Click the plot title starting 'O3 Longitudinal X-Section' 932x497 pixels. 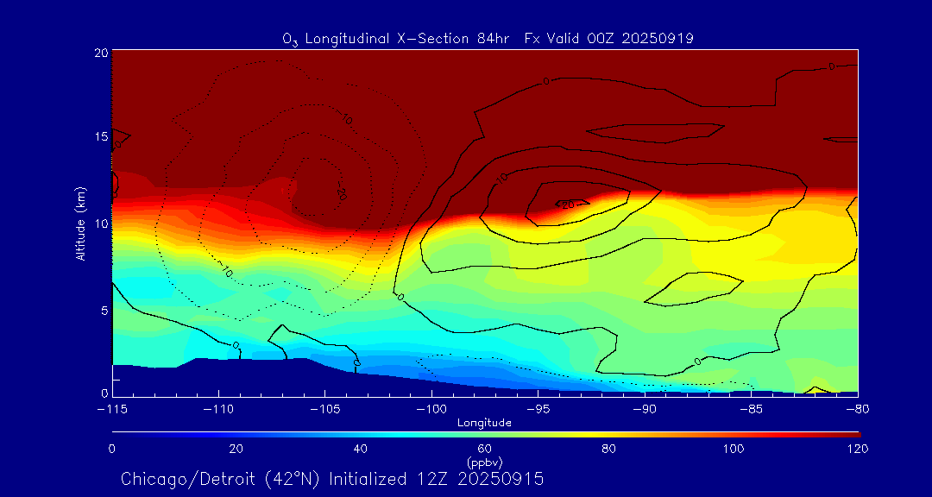pyautogui.click(x=488, y=38)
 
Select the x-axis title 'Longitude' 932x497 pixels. pyautogui.click(x=484, y=423)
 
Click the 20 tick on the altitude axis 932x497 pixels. pyautogui.click(x=99, y=53)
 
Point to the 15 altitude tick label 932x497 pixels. pyautogui.click(x=99, y=137)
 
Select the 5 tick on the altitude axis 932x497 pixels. pyautogui.click(x=103, y=309)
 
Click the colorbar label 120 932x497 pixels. pyautogui.click(x=857, y=449)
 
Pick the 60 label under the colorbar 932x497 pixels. pyautogui.click(x=484, y=449)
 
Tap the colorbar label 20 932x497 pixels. pyautogui.click(x=236, y=449)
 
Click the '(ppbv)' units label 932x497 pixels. pyautogui.click(x=484, y=462)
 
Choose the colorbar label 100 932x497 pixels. pyautogui.click(x=733, y=449)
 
